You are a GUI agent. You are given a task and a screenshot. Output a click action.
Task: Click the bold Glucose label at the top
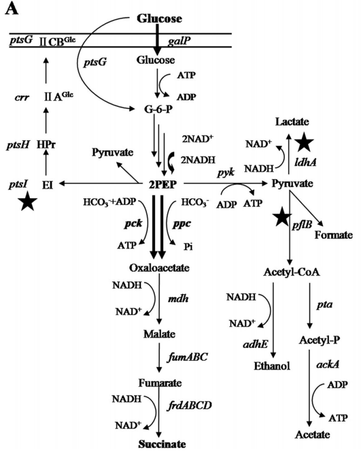159,19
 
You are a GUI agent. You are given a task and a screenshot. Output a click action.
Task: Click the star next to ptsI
28,202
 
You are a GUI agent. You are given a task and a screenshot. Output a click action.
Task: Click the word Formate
333,235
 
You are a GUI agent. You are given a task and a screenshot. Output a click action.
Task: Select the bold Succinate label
162,443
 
